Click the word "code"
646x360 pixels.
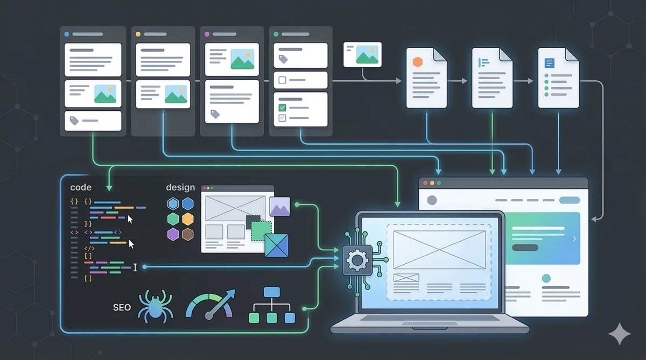pos(81,187)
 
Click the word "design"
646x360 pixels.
pos(180,188)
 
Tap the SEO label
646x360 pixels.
pos(122,308)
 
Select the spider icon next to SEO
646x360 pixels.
pos(156,306)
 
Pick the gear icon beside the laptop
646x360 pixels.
pos(357,260)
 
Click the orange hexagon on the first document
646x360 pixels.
pos(417,62)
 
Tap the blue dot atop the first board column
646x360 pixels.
pos(67,34)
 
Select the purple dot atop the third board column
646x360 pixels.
pos(207,34)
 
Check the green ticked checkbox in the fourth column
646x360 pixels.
pos(282,108)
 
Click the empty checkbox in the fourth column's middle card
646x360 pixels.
pos(282,80)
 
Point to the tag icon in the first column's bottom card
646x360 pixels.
pos(74,121)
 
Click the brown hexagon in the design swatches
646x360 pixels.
pos(188,234)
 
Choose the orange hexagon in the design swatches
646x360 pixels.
pos(188,219)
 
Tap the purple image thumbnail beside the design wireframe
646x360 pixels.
pos(280,207)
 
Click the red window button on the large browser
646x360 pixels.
pos(425,183)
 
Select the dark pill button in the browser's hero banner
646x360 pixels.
pos(525,248)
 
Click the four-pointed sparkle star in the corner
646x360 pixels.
pos(620,334)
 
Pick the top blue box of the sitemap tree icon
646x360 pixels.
pos(272,292)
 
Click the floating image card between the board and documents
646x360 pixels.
pos(362,55)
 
